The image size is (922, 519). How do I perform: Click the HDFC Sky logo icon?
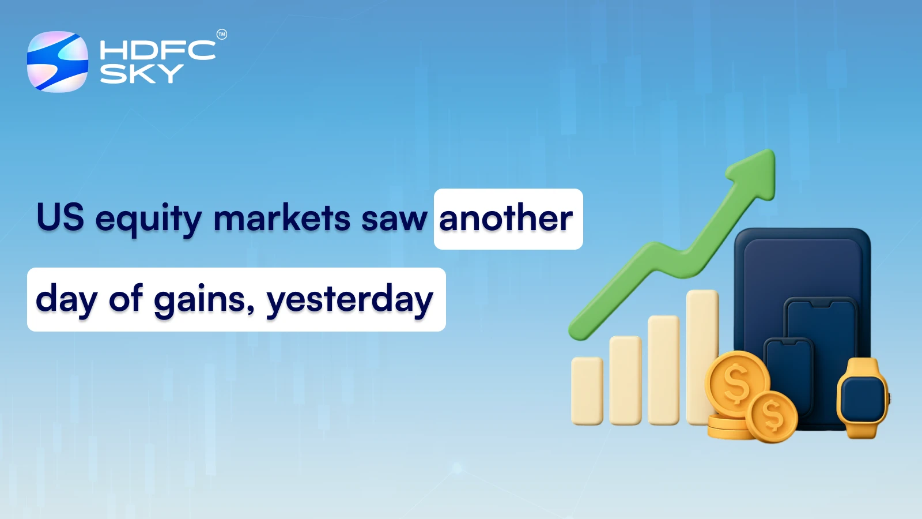tap(58, 62)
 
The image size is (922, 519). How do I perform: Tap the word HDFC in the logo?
tap(157, 51)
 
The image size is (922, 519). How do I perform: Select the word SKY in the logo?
tap(142, 74)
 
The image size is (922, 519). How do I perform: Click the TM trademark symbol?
tap(222, 35)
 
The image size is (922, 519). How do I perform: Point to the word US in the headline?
tap(60, 218)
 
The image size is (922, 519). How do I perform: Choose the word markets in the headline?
tap(282, 219)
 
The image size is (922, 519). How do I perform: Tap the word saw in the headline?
tap(394, 220)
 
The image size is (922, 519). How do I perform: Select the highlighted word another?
tap(506, 219)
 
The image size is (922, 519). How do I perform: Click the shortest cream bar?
tap(587, 390)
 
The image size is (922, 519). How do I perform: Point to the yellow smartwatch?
tap(862, 398)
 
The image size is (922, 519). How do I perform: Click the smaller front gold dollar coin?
tap(772, 416)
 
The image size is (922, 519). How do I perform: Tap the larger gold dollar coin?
tap(736, 383)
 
